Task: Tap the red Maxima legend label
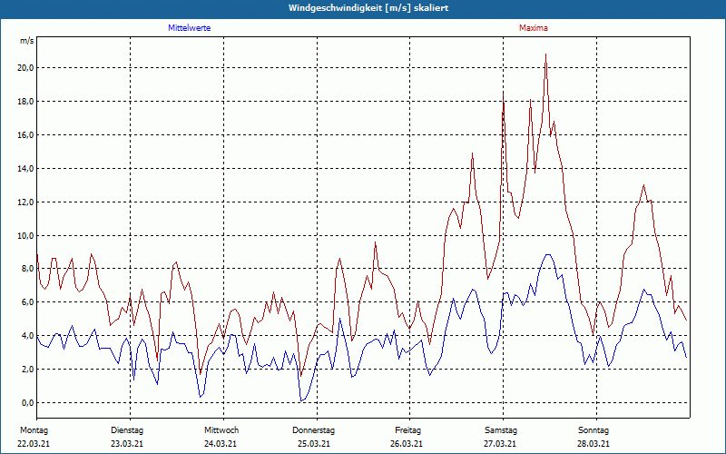point(534,28)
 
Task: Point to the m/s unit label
point(27,41)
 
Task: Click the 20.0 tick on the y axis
point(25,68)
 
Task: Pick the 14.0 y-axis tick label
point(25,168)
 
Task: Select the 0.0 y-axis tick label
point(27,402)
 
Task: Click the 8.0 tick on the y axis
point(27,269)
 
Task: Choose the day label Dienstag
point(127,429)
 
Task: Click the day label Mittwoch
point(221,429)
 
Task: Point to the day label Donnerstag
point(314,429)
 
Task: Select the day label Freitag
point(409,429)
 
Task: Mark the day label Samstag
point(500,429)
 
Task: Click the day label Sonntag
point(594,429)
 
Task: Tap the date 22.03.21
point(34,444)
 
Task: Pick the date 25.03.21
point(314,444)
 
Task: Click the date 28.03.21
point(594,444)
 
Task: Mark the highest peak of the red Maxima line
point(545,54)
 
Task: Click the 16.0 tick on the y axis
point(25,134)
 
